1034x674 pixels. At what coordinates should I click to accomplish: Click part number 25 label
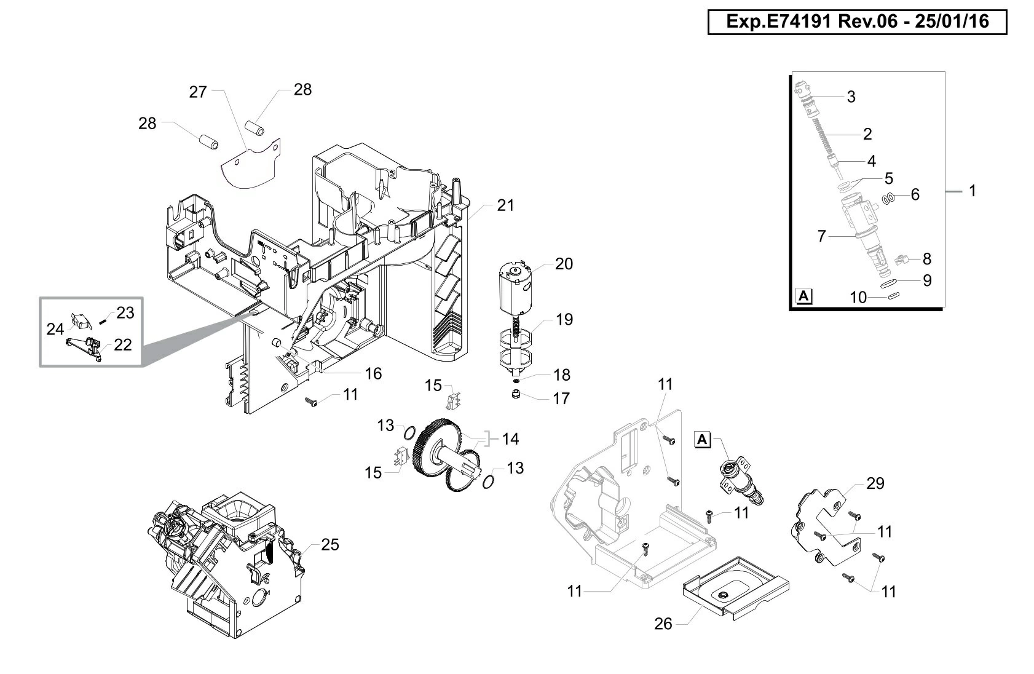point(330,545)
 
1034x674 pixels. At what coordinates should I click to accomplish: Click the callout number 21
point(505,205)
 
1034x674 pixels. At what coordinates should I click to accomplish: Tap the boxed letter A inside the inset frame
point(803,296)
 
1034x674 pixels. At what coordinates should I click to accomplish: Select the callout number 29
point(875,483)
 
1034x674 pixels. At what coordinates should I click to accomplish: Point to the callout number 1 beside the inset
point(972,191)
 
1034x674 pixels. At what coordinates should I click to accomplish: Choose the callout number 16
point(373,373)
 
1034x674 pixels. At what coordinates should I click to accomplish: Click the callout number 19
point(564,319)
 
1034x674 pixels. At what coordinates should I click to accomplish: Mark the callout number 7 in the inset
point(821,236)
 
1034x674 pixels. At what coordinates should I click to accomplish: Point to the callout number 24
point(55,330)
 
